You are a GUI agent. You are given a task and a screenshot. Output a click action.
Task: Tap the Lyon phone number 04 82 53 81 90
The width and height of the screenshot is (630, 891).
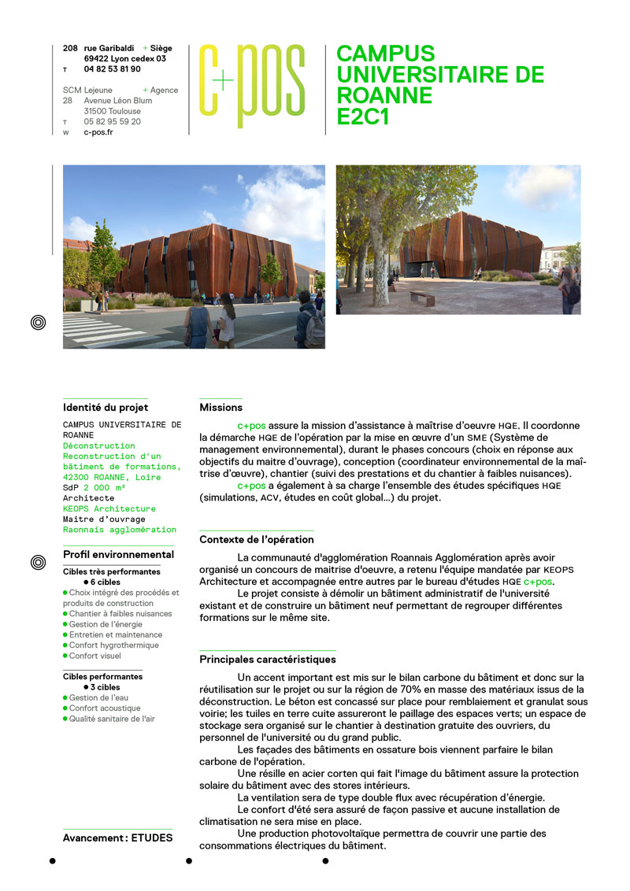[112, 69]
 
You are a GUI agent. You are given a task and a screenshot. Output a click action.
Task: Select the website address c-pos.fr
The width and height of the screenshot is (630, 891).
[98, 132]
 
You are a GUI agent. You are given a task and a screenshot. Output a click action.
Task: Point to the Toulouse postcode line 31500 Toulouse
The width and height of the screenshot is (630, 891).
[113, 111]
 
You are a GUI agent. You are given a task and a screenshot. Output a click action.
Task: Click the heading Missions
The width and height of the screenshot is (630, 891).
[221, 408]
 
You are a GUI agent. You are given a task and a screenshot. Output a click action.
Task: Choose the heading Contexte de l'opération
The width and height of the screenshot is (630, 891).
[257, 540]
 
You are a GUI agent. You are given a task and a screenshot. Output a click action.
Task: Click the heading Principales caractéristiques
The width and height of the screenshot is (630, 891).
[268, 660]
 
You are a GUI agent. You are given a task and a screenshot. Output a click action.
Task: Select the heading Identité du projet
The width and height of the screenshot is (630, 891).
[106, 408]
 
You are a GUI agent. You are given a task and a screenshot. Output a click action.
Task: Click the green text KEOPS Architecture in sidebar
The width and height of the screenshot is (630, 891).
[109, 508]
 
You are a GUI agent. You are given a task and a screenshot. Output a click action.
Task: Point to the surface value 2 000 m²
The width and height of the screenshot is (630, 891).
[105, 488]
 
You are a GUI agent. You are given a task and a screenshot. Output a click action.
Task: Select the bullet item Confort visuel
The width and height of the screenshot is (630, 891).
[95, 656]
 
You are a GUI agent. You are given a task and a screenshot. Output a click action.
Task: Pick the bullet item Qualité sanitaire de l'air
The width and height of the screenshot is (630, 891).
[112, 718]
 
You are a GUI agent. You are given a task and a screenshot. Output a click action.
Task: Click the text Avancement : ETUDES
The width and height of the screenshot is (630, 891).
[117, 837]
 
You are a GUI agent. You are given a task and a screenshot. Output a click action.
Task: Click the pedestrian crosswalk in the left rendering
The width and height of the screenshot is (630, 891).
[102, 329]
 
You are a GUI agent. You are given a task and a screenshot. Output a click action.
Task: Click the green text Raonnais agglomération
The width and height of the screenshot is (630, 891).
[120, 530]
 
